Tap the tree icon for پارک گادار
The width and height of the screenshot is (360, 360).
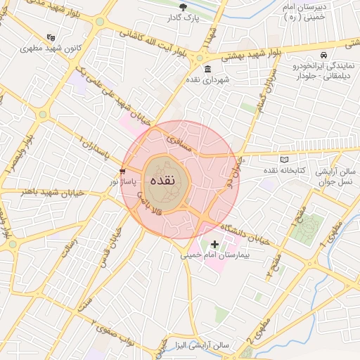[x=184, y=7]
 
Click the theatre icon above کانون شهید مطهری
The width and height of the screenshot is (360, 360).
[x=50, y=37]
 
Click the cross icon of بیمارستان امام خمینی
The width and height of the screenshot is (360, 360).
[x=214, y=245]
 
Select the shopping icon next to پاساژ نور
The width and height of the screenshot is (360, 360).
[x=123, y=171]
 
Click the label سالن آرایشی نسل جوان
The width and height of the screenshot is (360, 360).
[x=336, y=176]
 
